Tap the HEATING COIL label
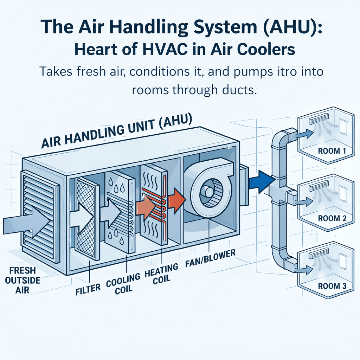(161, 273)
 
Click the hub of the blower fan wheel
(208, 192)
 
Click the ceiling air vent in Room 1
(319, 120)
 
